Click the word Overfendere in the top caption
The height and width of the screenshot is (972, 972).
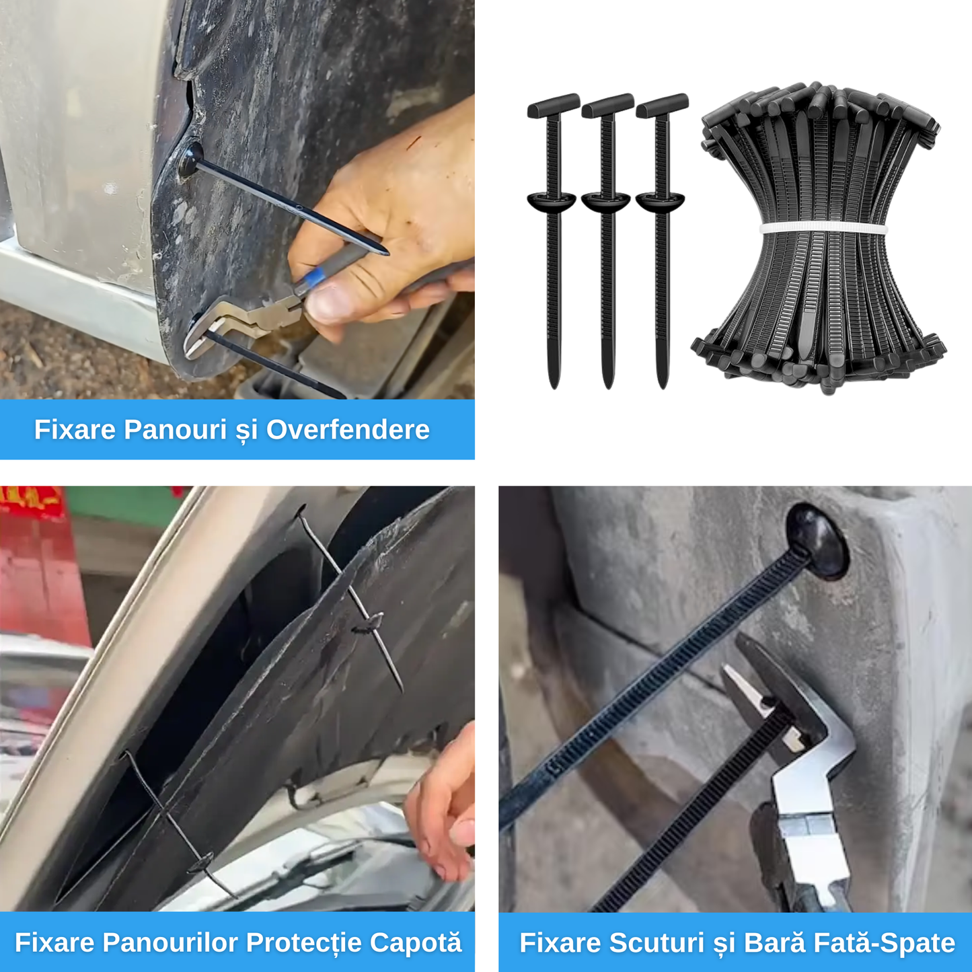tap(348, 430)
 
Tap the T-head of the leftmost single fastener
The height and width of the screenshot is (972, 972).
tap(554, 106)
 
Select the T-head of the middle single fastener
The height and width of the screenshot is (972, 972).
tap(607, 106)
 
